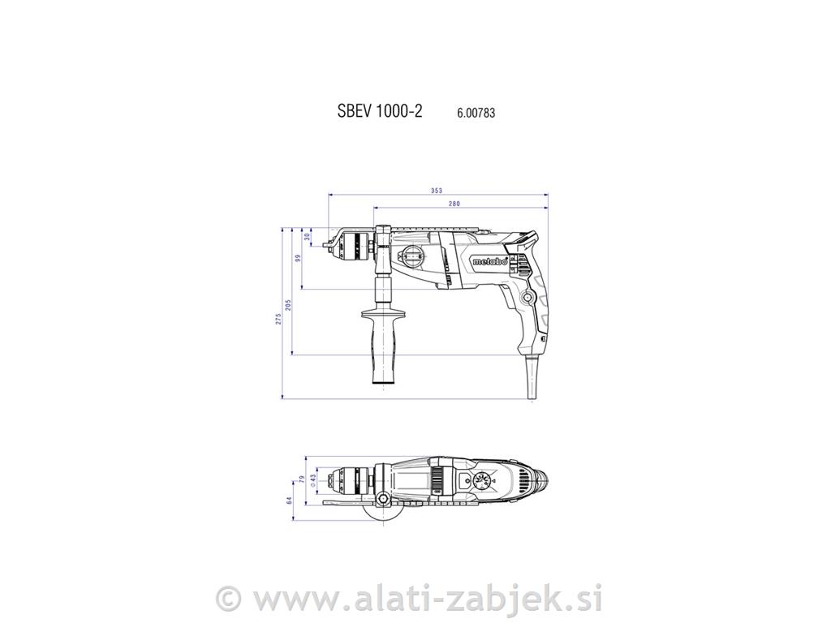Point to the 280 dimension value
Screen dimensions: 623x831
pyautogui.click(x=454, y=204)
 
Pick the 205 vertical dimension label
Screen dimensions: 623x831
pyautogui.click(x=288, y=306)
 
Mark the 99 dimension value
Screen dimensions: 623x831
pyautogui.click(x=298, y=258)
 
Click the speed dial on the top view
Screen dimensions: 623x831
pyautogui.click(x=484, y=482)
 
